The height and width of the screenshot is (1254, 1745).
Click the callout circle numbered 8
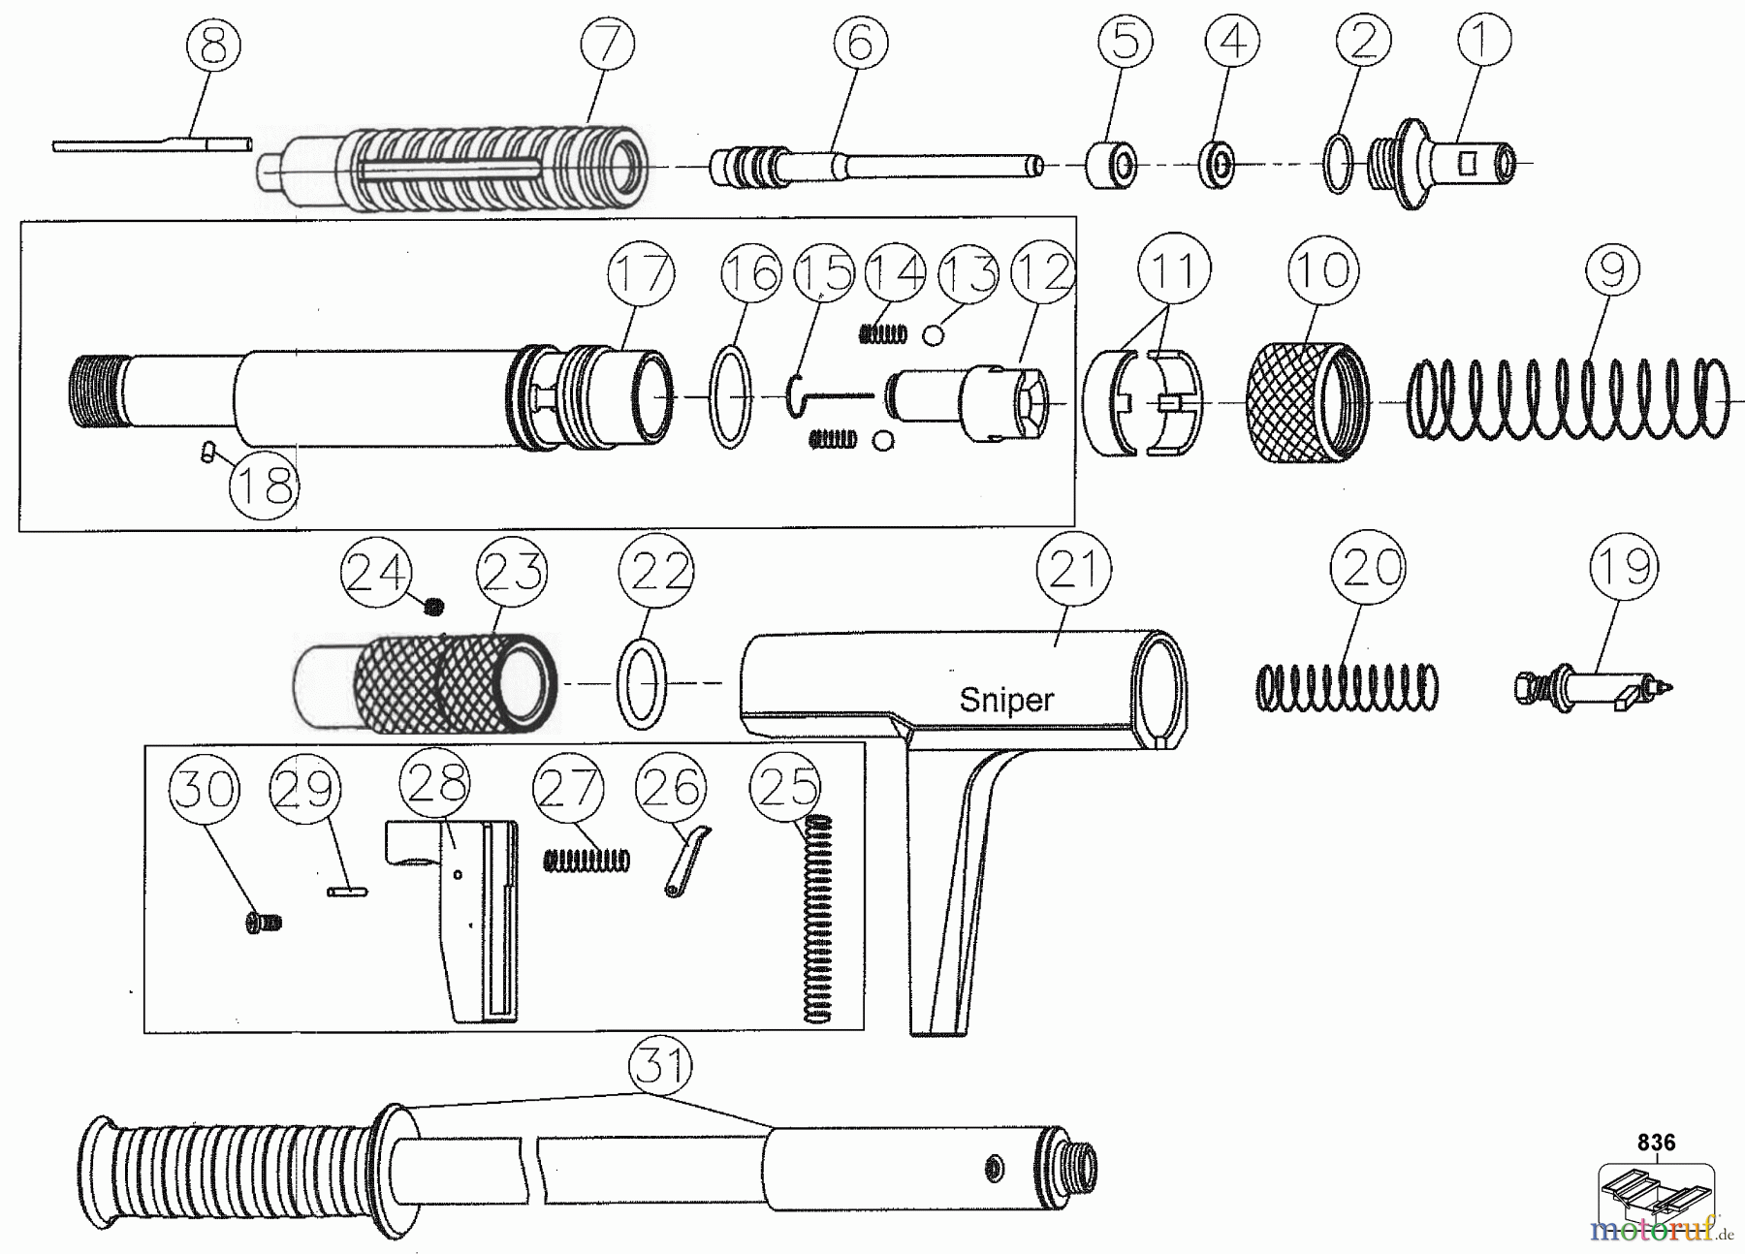tap(213, 46)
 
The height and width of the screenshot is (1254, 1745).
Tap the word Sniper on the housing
tap(1006, 700)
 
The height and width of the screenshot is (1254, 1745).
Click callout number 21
tap(1073, 570)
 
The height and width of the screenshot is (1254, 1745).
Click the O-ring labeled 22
tap(641, 682)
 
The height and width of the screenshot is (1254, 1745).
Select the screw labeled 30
tap(263, 923)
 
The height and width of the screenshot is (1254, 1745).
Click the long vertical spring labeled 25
tap(820, 919)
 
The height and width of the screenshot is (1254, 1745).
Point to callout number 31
tap(661, 1067)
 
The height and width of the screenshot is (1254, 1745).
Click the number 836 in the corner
tap(1656, 1143)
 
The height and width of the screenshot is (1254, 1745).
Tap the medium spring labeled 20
tap(1347, 688)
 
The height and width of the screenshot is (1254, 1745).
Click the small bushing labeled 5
tap(1111, 166)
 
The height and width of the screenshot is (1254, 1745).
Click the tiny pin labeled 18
tap(206, 451)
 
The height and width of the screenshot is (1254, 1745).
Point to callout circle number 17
tap(641, 273)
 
